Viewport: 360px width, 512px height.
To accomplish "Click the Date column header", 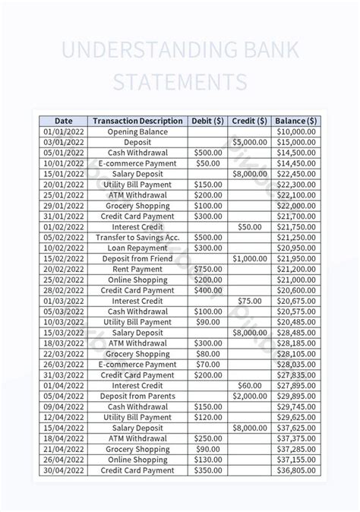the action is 64,121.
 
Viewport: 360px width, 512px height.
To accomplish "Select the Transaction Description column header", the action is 137,121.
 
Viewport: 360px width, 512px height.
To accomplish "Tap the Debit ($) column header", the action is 207,121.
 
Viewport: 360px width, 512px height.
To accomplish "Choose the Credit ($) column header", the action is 249,121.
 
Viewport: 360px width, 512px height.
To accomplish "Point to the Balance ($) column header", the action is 295,121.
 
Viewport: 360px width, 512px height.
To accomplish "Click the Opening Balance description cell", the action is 137,131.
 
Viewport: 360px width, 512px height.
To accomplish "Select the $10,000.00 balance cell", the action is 295,131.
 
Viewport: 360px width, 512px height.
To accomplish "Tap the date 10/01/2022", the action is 64,163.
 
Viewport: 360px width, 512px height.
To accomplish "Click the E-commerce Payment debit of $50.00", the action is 207,163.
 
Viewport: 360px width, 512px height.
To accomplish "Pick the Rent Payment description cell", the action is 137,269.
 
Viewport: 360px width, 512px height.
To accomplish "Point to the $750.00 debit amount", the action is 207,269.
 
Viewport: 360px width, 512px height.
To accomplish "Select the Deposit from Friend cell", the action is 137,258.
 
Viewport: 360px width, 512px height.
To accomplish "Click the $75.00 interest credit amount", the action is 249,301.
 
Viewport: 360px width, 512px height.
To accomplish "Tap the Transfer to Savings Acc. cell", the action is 137,237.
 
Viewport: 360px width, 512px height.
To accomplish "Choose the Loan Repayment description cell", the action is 137,248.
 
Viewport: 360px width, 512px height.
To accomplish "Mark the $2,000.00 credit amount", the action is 249,396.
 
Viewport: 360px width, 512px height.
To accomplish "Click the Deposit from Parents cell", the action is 137,396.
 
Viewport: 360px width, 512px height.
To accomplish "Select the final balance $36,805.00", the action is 295,470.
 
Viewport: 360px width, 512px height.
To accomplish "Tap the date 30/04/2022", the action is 64,470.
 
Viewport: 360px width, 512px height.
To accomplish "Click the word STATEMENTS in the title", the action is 180,81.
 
